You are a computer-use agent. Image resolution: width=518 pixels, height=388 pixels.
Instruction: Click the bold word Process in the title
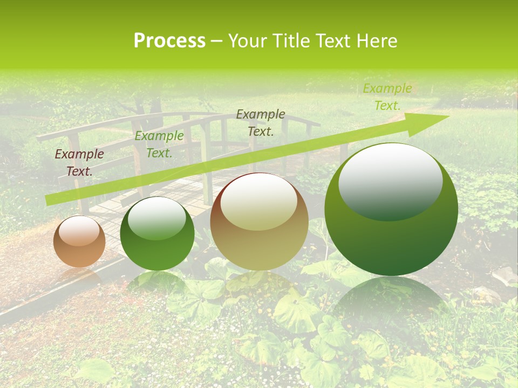coord(169,41)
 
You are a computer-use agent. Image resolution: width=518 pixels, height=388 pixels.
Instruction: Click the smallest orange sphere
coord(79,241)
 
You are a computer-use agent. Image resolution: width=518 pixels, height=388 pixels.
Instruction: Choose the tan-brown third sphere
coord(259,222)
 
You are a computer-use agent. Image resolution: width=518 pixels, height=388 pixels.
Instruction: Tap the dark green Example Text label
coord(159,144)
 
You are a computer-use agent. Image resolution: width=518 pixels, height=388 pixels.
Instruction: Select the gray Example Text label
coord(261,123)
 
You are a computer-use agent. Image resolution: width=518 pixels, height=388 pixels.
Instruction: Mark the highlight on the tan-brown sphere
coord(259,202)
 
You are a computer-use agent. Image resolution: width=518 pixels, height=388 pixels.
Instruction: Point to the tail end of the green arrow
coord(47,200)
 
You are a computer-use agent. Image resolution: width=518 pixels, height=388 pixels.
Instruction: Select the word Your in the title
coord(248,41)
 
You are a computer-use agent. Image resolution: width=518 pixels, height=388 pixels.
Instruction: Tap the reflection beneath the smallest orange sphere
coord(79,276)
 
